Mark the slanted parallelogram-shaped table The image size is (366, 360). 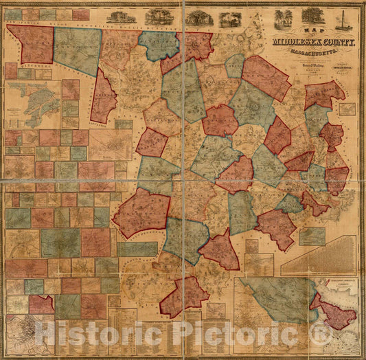coord(317,256)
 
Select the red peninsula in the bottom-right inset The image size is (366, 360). coord(334,313)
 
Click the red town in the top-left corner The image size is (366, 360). coord(31,43)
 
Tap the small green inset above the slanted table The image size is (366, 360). coord(312,236)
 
